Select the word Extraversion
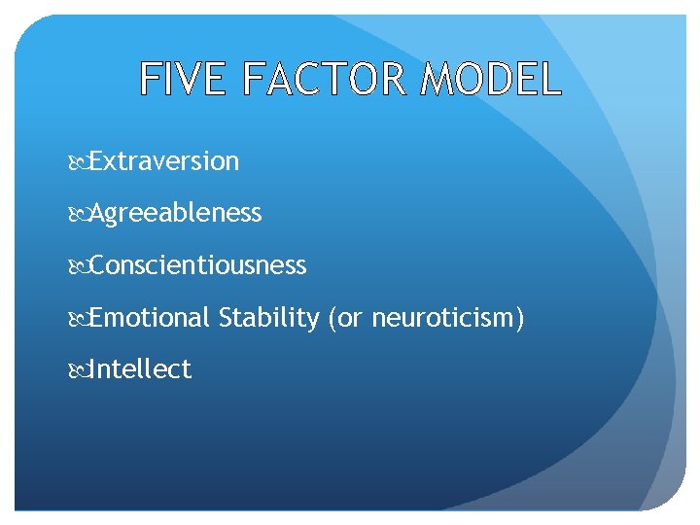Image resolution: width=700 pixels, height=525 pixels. click(164, 161)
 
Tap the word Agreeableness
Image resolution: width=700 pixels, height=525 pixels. click(176, 213)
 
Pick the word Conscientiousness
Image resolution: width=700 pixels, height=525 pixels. click(198, 265)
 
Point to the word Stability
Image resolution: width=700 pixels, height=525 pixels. click(268, 318)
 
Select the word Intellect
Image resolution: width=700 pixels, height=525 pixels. click(140, 369)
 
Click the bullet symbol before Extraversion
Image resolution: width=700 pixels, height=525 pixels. click(81, 162)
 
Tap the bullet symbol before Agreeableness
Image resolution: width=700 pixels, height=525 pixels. click(81, 214)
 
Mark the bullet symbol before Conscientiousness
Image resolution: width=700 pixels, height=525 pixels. click(81, 266)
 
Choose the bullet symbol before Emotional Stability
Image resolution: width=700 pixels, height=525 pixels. click(81, 319)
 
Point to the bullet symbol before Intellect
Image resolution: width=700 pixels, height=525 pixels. click(81, 370)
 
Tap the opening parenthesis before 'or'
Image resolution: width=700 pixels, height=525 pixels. click(332, 318)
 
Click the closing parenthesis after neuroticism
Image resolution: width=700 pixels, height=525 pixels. click(520, 318)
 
